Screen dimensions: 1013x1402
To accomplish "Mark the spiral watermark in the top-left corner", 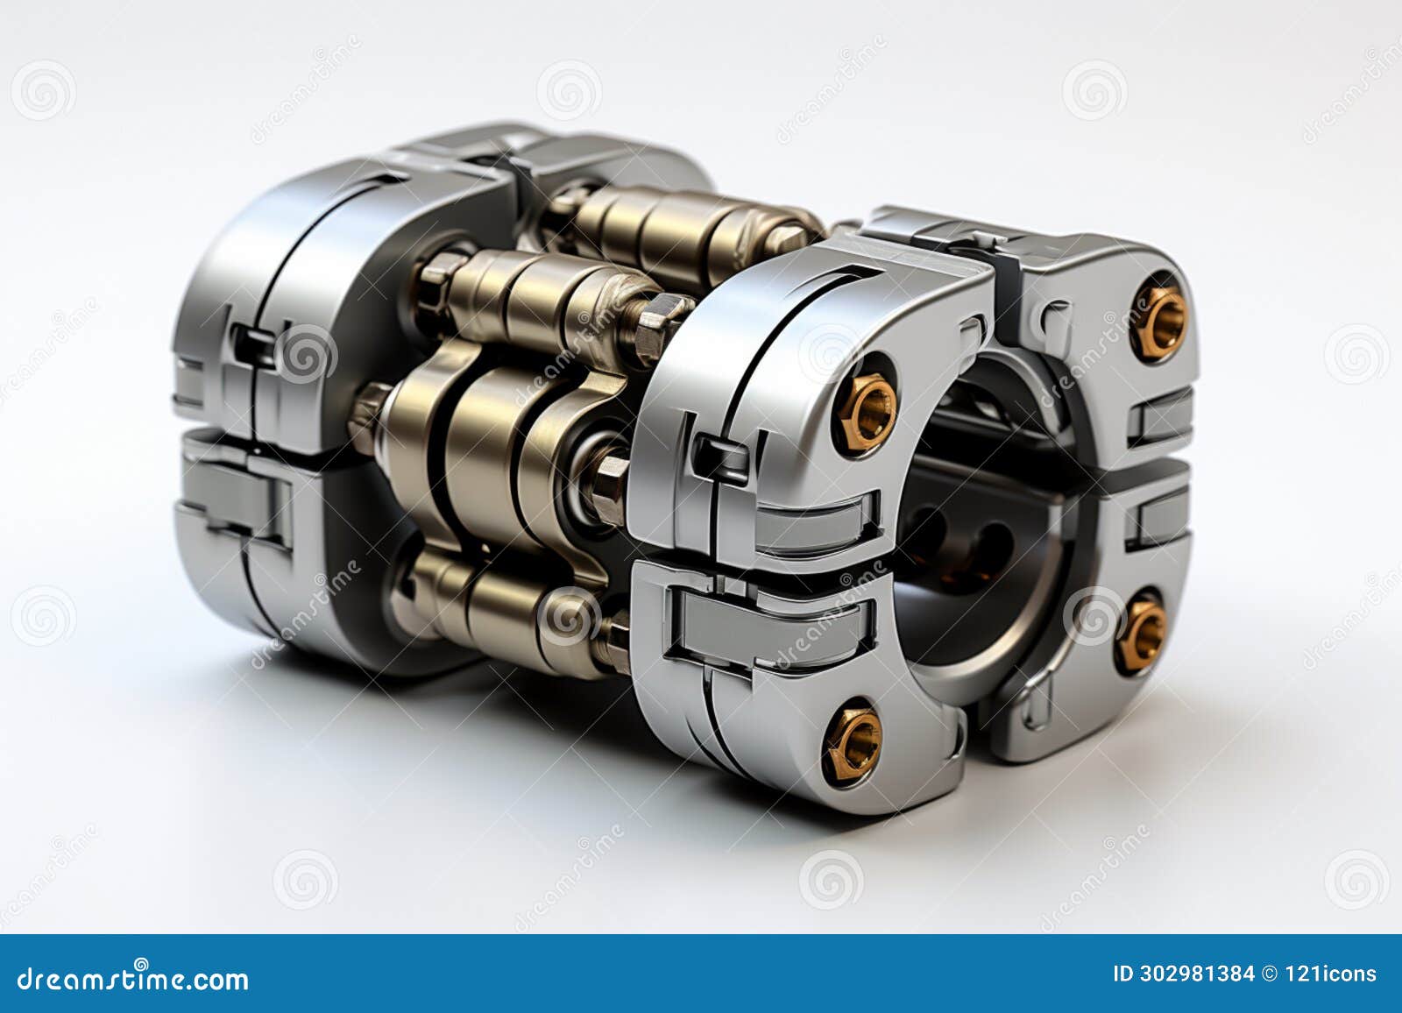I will [x=43, y=90].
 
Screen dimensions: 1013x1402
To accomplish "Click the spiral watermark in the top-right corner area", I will [x=1094, y=90].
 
